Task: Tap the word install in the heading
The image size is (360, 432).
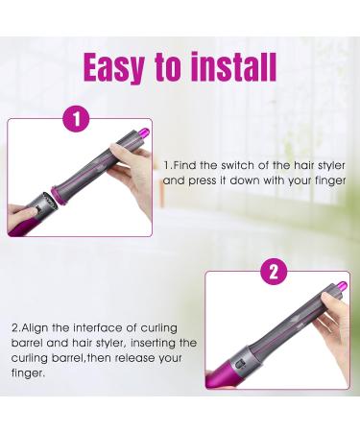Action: pyautogui.click(x=233, y=66)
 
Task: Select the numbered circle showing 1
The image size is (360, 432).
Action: pyautogui.click(x=77, y=119)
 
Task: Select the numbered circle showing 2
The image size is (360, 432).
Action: pyautogui.click(x=274, y=272)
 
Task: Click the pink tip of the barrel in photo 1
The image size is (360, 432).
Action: pyautogui.click(x=145, y=132)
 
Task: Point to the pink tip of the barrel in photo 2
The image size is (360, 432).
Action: pyautogui.click(x=341, y=286)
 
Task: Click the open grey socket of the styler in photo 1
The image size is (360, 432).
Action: pyautogui.click(x=42, y=204)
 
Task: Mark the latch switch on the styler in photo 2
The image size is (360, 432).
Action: pyautogui.click(x=240, y=364)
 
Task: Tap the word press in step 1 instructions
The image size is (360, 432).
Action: pyautogui.click(x=201, y=181)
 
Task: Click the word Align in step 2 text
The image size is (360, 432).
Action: pyautogui.click(x=36, y=328)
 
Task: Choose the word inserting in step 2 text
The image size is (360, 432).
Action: pyautogui.click(x=153, y=344)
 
